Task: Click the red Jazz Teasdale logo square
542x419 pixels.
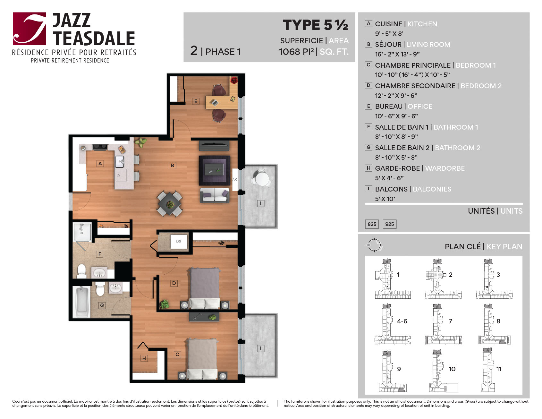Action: pos(30,29)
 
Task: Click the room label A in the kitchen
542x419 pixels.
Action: pos(100,163)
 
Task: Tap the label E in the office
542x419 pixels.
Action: pos(195,101)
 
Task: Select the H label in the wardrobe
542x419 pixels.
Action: pos(144,358)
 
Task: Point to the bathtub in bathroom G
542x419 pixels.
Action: pos(82,302)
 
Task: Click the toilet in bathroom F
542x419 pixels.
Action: pos(82,271)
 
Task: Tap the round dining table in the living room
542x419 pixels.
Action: pos(170,204)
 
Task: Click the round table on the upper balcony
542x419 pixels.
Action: pos(262,178)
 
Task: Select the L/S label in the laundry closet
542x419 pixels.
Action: pos(178,241)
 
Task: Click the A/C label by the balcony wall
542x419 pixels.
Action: pos(235,179)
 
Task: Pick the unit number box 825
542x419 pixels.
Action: pos(372,224)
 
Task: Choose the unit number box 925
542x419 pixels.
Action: pos(390,224)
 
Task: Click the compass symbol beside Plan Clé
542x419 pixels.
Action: pos(374,245)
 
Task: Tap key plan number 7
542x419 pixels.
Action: pos(450,321)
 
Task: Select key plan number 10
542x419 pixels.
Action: pos(452,369)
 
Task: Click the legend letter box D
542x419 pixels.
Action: pos(368,85)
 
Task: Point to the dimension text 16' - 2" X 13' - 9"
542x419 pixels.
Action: pos(397,54)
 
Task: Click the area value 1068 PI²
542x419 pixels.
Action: pos(296,52)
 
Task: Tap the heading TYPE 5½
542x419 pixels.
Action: pos(316,25)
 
